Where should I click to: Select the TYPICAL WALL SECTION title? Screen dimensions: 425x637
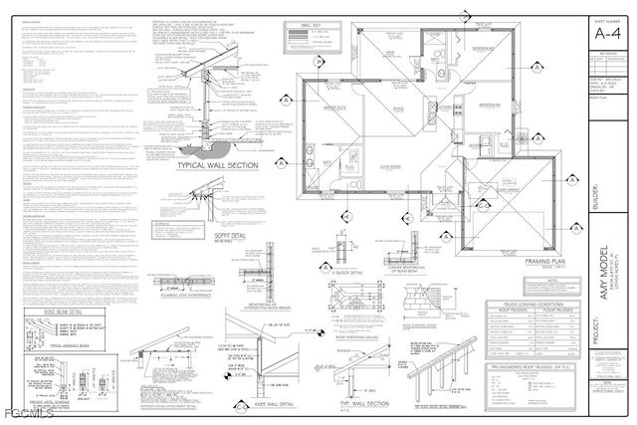217,165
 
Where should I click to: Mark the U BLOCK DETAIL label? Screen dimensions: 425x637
344,271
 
